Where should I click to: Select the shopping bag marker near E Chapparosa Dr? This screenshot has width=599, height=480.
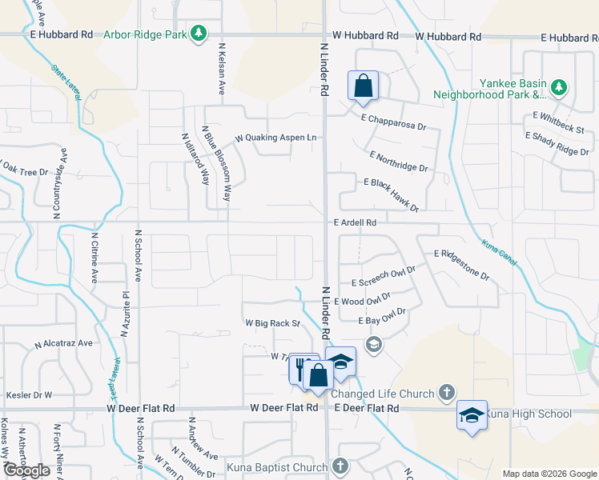coord(363,86)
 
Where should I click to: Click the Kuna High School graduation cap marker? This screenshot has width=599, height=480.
coord(472,414)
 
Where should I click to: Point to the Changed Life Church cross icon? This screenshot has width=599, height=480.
coord(447,393)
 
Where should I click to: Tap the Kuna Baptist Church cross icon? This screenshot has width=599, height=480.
coord(340,466)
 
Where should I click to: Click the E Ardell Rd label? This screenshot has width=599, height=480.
coord(355,222)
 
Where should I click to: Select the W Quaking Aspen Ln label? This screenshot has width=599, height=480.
coord(275,138)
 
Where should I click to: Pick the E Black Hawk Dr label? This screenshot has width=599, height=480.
coord(391,195)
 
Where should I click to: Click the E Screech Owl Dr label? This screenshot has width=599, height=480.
coord(384,277)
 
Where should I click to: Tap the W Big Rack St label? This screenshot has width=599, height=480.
coord(271,324)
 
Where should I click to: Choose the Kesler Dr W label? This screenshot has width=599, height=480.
coord(29,395)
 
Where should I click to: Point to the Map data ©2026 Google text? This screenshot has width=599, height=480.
coord(549,474)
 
